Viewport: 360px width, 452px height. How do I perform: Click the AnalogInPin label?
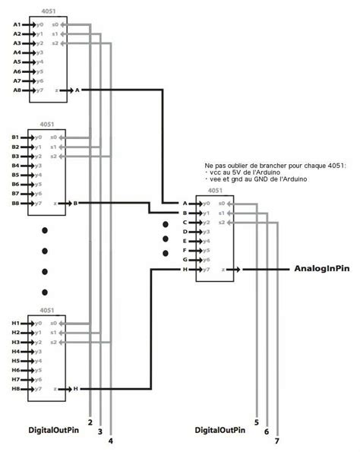point(321,270)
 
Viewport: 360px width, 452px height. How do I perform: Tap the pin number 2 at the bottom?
point(90,422)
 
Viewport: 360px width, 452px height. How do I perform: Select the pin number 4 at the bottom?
point(111,441)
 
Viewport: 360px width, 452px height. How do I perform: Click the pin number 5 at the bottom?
point(257,422)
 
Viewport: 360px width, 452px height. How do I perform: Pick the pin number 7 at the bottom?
point(277,441)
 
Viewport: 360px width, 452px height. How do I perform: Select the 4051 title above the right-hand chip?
point(215,191)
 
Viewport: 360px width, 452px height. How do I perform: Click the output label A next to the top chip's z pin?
point(77,90)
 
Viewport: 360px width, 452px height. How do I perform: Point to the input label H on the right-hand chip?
point(185,270)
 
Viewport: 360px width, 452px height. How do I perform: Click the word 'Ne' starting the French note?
point(209,165)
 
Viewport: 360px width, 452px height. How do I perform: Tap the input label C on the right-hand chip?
point(185,223)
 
